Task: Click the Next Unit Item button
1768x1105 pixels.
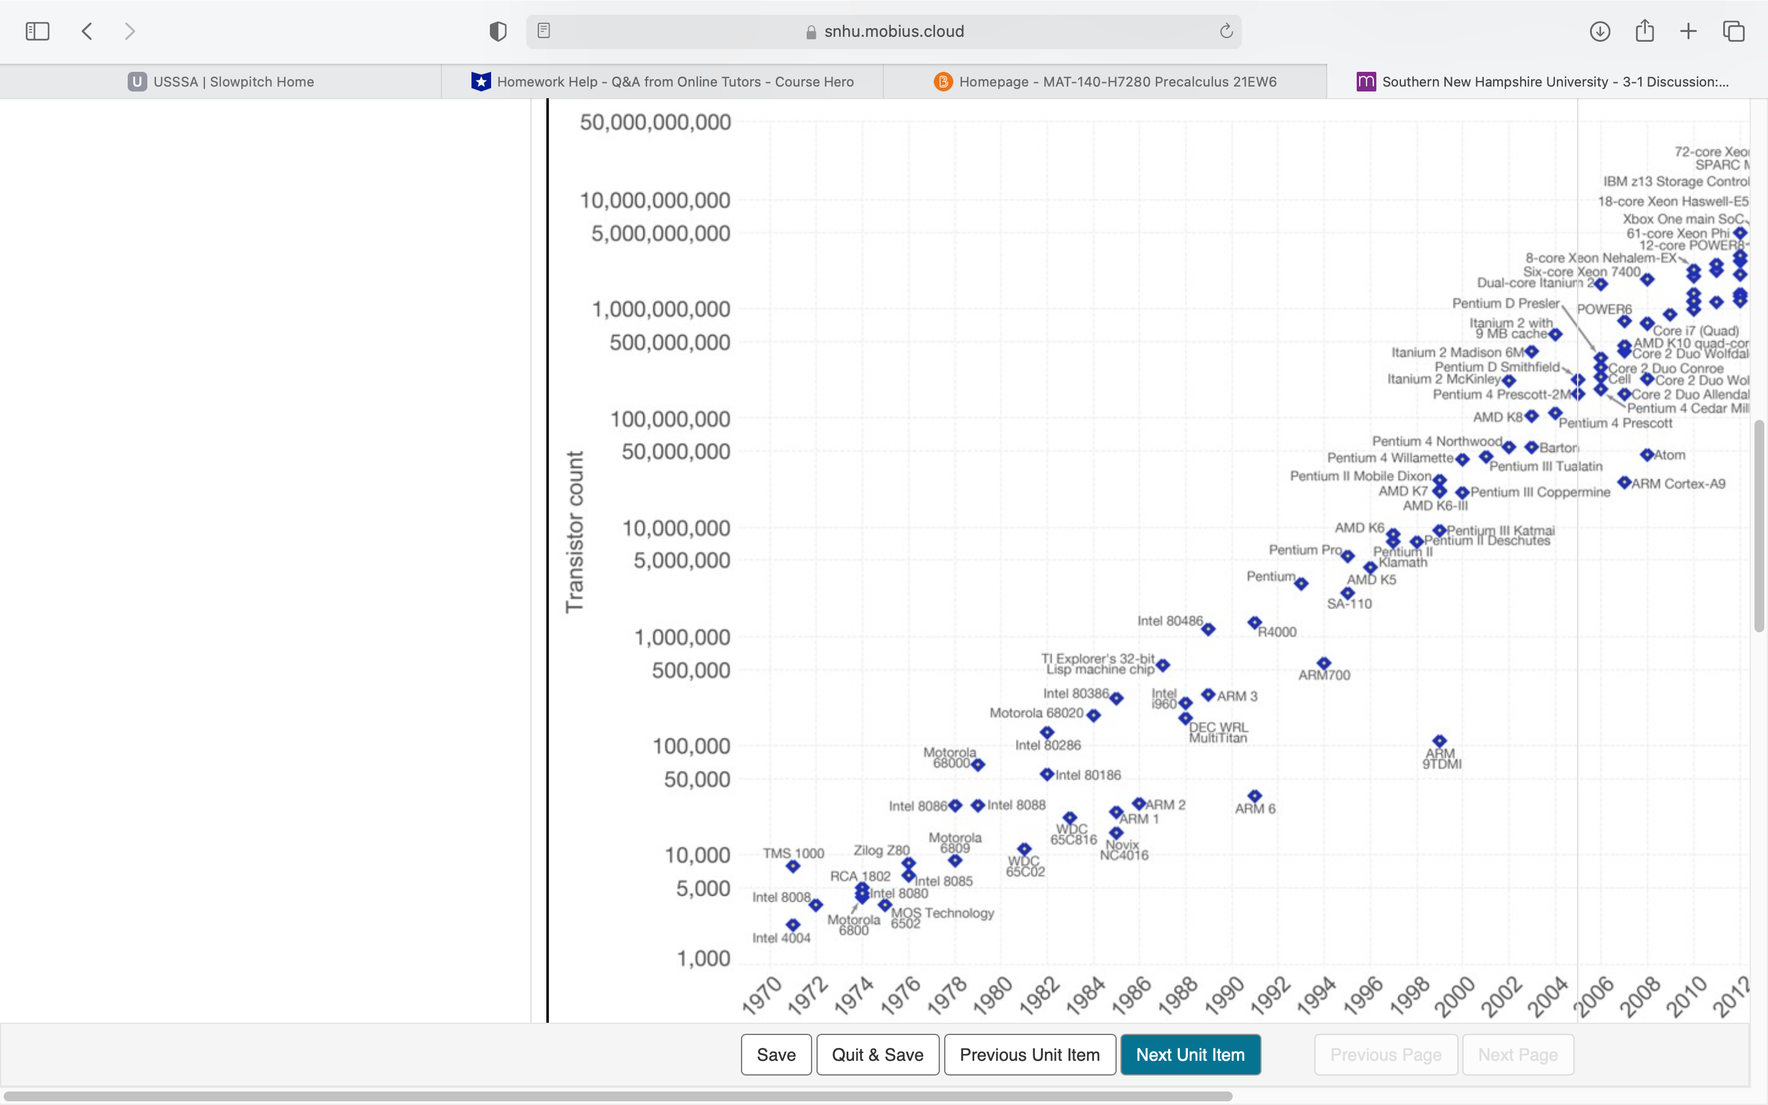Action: point(1190,1055)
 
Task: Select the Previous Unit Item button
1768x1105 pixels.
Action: point(1029,1055)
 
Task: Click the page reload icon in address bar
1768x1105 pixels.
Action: point(1226,31)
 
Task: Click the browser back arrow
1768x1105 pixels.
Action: point(87,31)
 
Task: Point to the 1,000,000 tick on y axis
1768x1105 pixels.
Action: point(681,637)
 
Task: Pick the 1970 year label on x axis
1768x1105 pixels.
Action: point(762,995)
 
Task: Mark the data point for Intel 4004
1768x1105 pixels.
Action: point(793,925)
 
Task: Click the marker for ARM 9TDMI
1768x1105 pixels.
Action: point(1439,741)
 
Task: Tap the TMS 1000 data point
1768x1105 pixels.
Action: point(793,867)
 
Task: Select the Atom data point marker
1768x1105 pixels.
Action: point(1646,454)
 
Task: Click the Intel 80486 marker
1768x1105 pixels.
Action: point(1208,629)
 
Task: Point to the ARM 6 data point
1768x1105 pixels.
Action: point(1254,796)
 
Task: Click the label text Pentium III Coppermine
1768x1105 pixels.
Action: point(1540,492)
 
